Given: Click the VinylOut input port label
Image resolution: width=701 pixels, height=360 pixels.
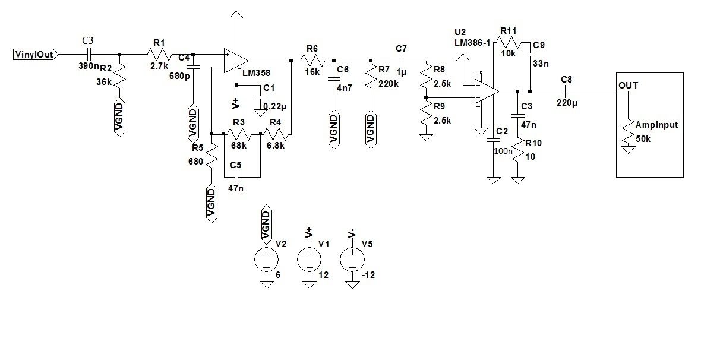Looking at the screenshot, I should [x=35, y=55].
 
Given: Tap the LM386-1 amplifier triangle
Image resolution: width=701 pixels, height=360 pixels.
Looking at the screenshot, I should [x=486, y=91].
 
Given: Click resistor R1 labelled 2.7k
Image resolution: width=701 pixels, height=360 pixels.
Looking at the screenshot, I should [x=159, y=55].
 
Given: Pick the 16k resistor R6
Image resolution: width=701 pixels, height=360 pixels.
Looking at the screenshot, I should [x=312, y=61].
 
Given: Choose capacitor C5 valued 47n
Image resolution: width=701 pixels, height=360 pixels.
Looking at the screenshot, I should [x=236, y=177].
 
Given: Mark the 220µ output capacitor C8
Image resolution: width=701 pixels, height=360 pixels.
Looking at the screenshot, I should [x=566, y=91].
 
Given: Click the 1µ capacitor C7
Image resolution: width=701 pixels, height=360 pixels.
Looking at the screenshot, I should [x=402, y=61].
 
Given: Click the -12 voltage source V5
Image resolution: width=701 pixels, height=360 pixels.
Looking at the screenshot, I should [x=352, y=260].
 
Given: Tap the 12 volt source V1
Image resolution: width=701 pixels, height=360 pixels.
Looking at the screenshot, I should [x=309, y=260].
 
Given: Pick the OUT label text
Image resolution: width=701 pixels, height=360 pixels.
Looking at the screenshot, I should [x=628, y=86].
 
